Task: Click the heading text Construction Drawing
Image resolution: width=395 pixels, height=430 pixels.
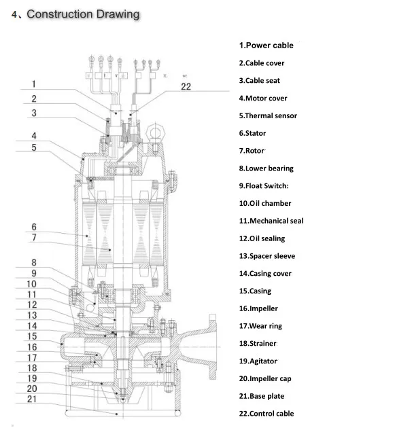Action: [x=82, y=14]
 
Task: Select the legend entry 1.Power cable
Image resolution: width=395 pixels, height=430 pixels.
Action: [x=266, y=46]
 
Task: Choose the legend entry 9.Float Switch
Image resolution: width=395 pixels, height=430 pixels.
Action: [x=264, y=185]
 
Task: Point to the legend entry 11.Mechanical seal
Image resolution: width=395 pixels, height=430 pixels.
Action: [x=271, y=221]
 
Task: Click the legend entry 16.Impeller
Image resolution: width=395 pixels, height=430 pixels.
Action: [x=258, y=308]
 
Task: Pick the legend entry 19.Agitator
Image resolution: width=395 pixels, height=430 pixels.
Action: [x=258, y=361]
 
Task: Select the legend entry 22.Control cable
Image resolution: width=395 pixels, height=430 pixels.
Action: [x=266, y=414]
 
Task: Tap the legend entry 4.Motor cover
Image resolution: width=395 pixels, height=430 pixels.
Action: [x=262, y=98]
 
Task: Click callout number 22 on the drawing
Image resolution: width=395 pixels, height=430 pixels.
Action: [x=186, y=86]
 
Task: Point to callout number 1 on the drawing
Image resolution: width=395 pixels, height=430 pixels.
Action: [x=35, y=85]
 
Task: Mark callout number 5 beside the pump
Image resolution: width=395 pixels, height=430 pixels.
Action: [x=34, y=147]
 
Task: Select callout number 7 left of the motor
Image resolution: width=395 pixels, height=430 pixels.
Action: [x=34, y=238]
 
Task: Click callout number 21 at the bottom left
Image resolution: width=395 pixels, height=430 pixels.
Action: [x=32, y=399]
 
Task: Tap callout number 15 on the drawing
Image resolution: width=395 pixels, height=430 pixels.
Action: [x=32, y=336]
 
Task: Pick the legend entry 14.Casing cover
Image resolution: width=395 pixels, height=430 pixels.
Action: [x=264, y=273]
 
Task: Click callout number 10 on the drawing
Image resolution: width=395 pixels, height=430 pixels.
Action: [x=32, y=284]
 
